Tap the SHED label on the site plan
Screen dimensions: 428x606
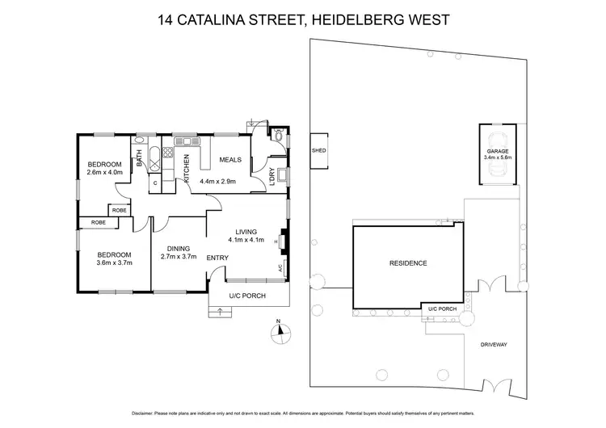pyautogui.click(x=318, y=151)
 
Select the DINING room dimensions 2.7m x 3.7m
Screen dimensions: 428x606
pyautogui.click(x=179, y=256)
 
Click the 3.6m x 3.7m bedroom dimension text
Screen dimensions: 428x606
pyautogui.click(x=114, y=262)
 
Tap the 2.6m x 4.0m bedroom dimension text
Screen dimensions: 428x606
pyautogui.click(x=105, y=172)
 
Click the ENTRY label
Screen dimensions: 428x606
pyautogui.click(x=217, y=258)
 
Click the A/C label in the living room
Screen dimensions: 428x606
pyautogui.click(x=279, y=267)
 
